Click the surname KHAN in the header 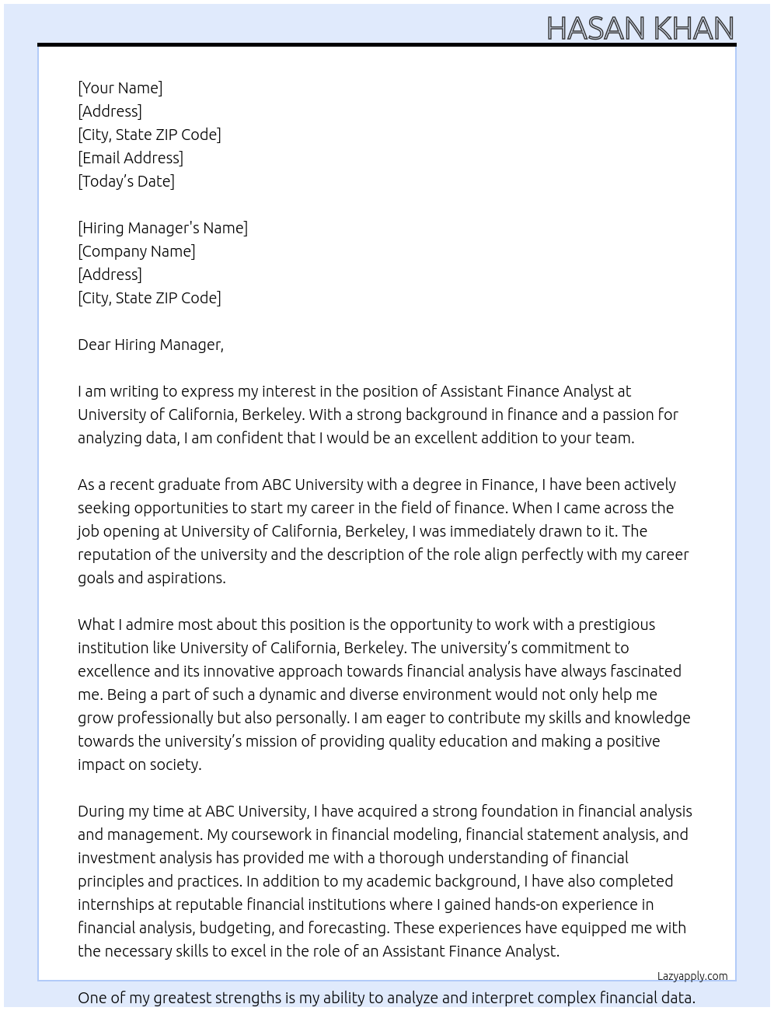(x=693, y=29)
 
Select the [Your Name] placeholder (x=120, y=88)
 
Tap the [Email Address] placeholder (x=131, y=158)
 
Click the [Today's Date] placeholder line (x=126, y=181)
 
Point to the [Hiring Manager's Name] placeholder (x=162, y=228)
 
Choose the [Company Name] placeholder (x=136, y=251)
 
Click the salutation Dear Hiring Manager (x=150, y=345)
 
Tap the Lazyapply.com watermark (x=692, y=976)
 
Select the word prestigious (x=616, y=624)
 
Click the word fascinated (x=643, y=671)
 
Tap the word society (x=176, y=764)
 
